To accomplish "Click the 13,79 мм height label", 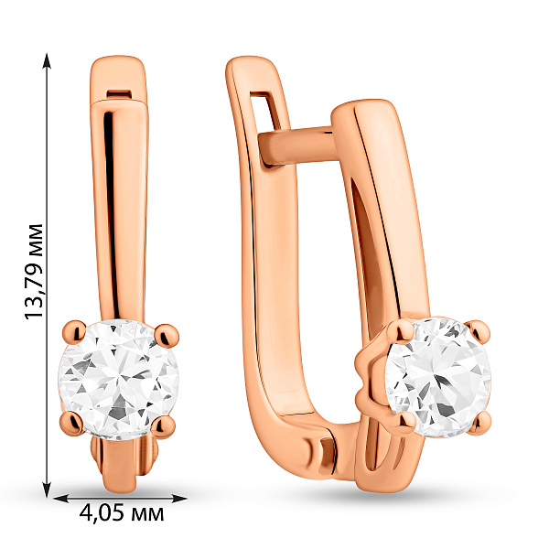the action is click(35, 272).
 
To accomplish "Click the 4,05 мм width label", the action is click(122, 513).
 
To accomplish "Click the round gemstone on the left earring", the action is click(118, 380).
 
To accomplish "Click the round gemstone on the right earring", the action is click(437, 377).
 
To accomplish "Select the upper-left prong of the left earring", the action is click(74, 331).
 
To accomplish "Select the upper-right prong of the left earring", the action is click(167, 335).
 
